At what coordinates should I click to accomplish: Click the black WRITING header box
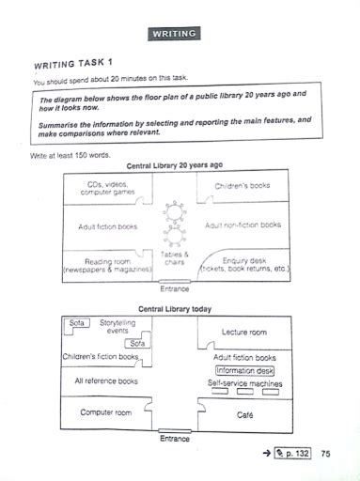[174, 35]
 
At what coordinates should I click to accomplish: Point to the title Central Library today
[175, 308]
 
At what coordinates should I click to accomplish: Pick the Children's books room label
[242, 187]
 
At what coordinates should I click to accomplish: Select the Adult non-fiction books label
[243, 225]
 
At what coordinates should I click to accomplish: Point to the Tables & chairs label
[175, 258]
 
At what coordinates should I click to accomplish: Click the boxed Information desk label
[244, 370]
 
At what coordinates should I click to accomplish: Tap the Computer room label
[105, 412]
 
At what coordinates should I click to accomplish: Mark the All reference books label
[105, 381]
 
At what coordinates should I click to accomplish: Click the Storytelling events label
[117, 326]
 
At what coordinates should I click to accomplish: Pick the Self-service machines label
[244, 383]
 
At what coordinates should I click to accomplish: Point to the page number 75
[326, 455]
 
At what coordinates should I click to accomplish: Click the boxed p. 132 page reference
[291, 455]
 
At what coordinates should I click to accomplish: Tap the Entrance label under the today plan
[175, 438]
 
